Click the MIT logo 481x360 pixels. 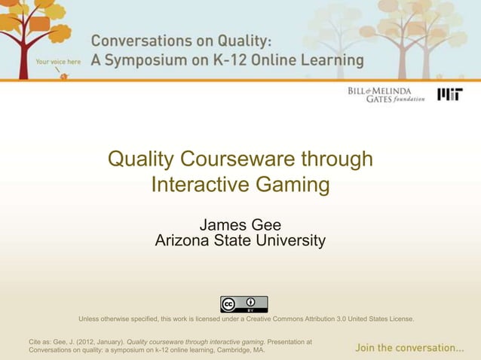click(x=452, y=95)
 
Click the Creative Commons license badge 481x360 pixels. click(x=244, y=304)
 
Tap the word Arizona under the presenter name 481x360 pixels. click(x=182, y=241)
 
